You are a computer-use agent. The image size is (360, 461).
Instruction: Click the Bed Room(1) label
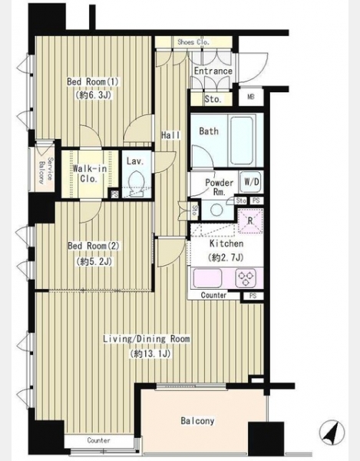point(93,81)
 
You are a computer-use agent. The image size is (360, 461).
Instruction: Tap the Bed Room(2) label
point(94,246)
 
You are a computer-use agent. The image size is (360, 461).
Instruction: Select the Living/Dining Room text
point(147,339)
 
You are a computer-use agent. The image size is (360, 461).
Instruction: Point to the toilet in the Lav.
point(137,183)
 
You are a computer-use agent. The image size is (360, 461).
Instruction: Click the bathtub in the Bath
point(242,141)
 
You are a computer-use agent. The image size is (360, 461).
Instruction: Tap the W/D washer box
point(252,182)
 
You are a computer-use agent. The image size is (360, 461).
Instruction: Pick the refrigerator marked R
point(250,221)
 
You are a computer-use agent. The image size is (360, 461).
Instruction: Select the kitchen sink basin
point(206,278)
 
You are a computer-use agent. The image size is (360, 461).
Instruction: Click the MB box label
point(250,97)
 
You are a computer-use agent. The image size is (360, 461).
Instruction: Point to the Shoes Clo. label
point(193,42)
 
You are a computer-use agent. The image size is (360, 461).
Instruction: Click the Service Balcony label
point(46,171)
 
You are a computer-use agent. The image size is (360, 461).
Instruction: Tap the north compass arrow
point(332,432)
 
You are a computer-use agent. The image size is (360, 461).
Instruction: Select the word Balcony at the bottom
point(197,421)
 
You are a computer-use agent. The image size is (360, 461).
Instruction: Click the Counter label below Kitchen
point(213,295)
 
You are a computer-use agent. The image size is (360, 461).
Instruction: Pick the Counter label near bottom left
point(99,440)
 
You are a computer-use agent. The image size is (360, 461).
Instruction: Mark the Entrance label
point(213,71)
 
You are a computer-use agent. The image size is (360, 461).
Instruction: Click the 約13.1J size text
point(150,353)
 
